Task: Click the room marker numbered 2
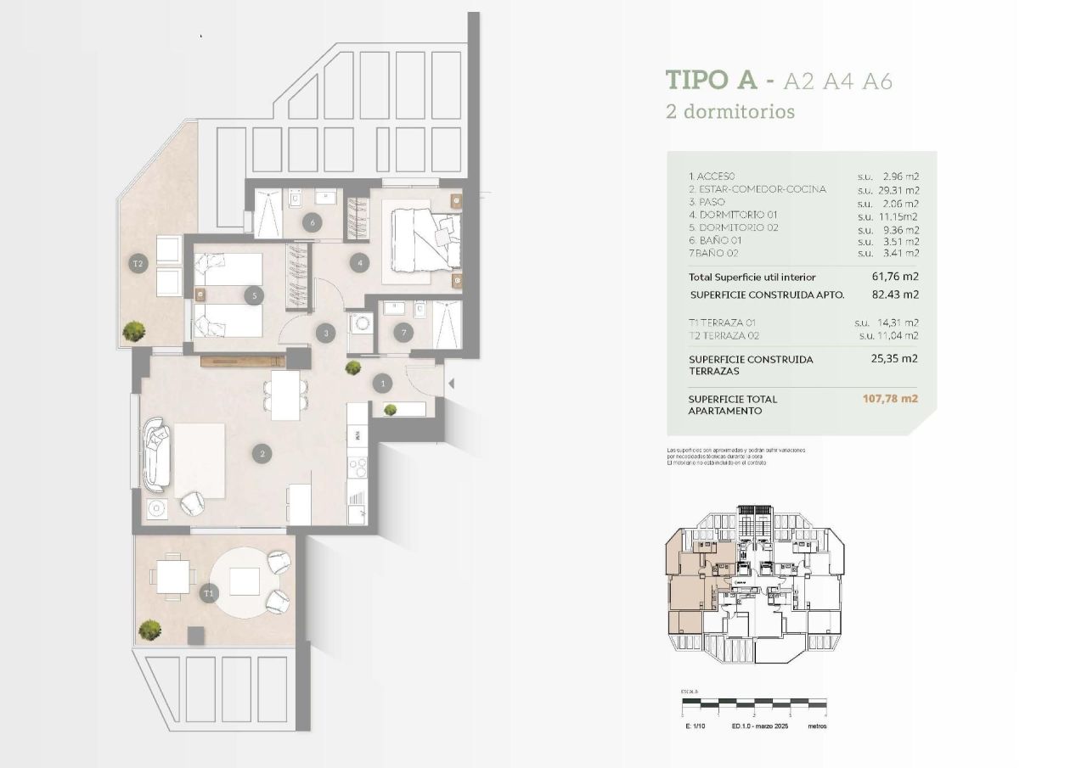click(263, 454)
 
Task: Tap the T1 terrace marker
click(208, 594)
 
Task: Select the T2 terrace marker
click(138, 264)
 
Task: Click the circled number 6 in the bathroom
click(313, 222)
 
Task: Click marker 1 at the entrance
click(383, 384)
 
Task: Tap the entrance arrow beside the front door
click(451, 384)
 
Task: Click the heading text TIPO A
click(712, 81)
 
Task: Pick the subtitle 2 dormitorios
click(730, 111)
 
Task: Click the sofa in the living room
click(156, 454)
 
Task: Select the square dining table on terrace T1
click(173, 579)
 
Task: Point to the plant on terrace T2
click(133, 329)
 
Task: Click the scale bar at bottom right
click(753, 704)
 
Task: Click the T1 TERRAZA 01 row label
click(722, 323)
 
